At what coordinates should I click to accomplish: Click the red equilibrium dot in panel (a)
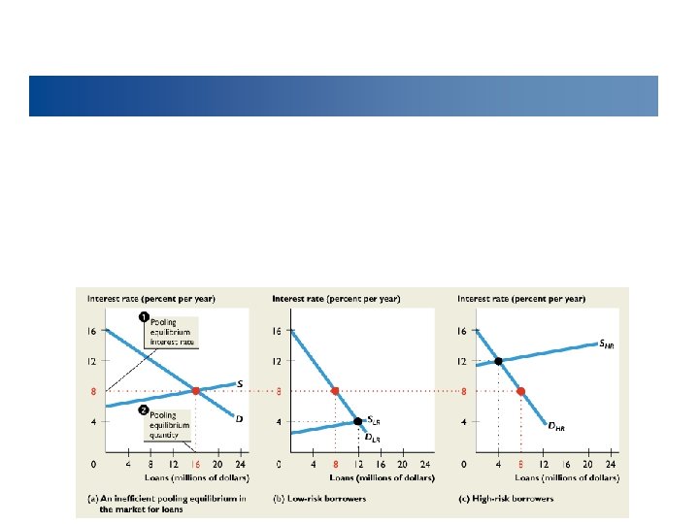coord(195,391)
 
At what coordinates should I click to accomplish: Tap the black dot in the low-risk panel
coord(357,421)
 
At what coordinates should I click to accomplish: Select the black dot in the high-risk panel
coord(499,361)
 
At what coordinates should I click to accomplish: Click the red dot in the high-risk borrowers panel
coord(521,391)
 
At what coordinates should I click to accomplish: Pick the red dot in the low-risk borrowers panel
coord(335,391)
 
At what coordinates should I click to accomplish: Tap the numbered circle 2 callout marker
coord(144,409)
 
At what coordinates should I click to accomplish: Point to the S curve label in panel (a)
coord(240,383)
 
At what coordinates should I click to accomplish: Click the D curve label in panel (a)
coord(239,418)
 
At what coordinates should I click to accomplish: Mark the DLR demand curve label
coord(372,438)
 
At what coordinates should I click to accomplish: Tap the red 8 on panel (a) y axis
coord(92,391)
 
